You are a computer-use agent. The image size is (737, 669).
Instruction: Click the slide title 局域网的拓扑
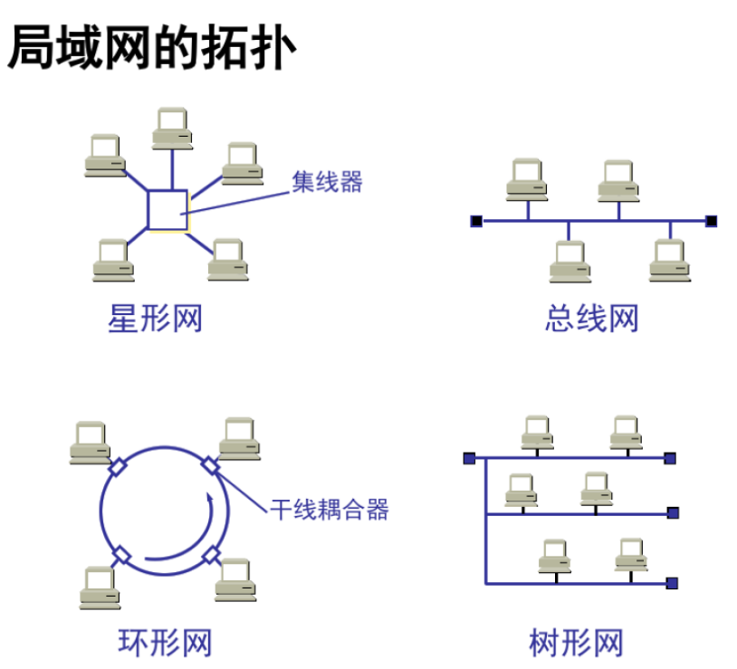click(x=151, y=47)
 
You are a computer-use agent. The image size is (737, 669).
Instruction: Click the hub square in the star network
click(x=167, y=210)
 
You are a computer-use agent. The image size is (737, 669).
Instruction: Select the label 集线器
click(x=327, y=181)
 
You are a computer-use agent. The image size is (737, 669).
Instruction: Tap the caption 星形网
click(x=155, y=319)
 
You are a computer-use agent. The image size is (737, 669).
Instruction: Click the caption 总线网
click(x=592, y=319)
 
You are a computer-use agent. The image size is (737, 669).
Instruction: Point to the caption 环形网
click(x=166, y=644)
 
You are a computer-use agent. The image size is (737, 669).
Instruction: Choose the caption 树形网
click(x=577, y=644)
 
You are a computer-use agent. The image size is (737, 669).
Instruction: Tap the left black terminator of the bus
click(x=476, y=220)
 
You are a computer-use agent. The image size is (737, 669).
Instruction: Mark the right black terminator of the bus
click(x=712, y=220)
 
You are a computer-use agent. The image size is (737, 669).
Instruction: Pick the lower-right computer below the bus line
click(x=670, y=261)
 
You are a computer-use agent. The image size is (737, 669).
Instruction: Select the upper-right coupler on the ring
click(x=209, y=465)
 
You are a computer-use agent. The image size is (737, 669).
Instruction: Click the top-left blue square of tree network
click(x=469, y=458)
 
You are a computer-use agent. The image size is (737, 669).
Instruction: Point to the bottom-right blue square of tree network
click(x=672, y=583)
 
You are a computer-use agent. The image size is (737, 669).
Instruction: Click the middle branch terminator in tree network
click(x=673, y=513)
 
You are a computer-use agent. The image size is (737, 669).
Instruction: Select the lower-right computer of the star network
click(x=228, y=261)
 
